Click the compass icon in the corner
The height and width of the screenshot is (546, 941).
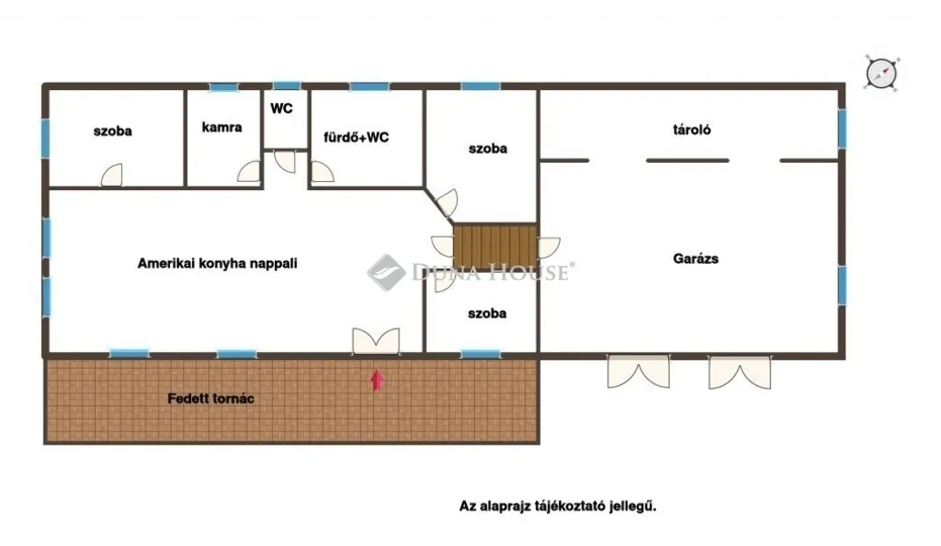880,73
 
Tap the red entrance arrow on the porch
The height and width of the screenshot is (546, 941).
376,379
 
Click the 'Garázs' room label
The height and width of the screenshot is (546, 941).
695,258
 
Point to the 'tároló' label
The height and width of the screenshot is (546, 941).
693,130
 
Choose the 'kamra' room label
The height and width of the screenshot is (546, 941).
222,127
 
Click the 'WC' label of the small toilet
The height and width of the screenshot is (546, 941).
281,107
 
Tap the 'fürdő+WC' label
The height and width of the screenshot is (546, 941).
357,138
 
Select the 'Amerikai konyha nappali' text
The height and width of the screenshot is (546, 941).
218,263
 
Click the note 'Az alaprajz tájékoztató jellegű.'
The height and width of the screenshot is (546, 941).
557,506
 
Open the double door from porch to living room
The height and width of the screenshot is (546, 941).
376,340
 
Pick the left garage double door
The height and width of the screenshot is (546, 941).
639,369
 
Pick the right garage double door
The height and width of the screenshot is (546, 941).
739,369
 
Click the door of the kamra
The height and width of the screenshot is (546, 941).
248,172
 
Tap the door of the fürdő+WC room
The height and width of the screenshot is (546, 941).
322,171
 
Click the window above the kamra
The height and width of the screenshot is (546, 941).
223,87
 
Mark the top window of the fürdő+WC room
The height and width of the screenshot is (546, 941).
369,87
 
